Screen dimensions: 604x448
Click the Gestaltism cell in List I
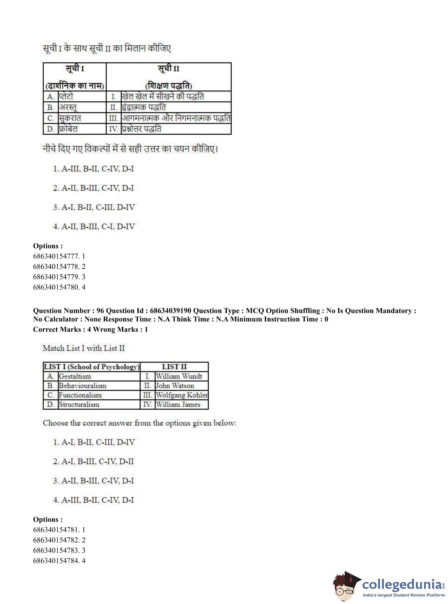[75, 376]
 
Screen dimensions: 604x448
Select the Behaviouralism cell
[82, 386]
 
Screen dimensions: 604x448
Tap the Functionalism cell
[80, 395]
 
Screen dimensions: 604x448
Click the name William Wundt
[179, 376]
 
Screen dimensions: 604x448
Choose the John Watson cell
[175, 386]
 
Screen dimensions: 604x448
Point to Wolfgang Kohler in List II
[182, 395]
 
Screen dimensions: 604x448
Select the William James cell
[178, 405]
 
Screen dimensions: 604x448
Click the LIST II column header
[174, 367]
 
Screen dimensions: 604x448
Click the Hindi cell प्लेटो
[66, 97]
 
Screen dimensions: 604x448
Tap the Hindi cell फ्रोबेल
[68, 129]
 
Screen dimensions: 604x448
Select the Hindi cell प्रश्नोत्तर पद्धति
[141, 129]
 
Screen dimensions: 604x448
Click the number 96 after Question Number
[100, 311]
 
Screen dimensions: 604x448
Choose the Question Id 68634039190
[171, 311]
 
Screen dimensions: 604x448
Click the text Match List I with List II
[84, 348]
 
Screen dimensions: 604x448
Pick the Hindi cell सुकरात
[70, 118]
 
